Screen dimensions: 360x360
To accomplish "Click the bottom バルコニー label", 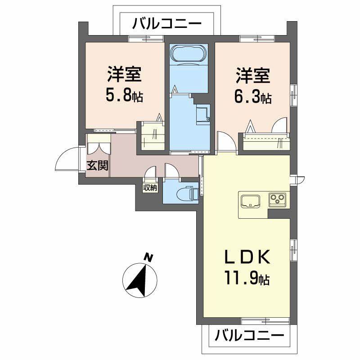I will coord(249,336).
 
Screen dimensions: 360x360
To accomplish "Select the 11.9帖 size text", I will coord(247,279).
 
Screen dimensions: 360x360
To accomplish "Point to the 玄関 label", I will coord(97,166).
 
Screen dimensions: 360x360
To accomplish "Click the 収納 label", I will coord(151,188).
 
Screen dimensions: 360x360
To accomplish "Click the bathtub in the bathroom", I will coord(189,54).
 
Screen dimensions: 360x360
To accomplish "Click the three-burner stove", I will coord(278,199).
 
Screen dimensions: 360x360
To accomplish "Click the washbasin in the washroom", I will coord(202,114).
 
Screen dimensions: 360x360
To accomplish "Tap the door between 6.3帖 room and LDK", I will coord(226,141).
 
